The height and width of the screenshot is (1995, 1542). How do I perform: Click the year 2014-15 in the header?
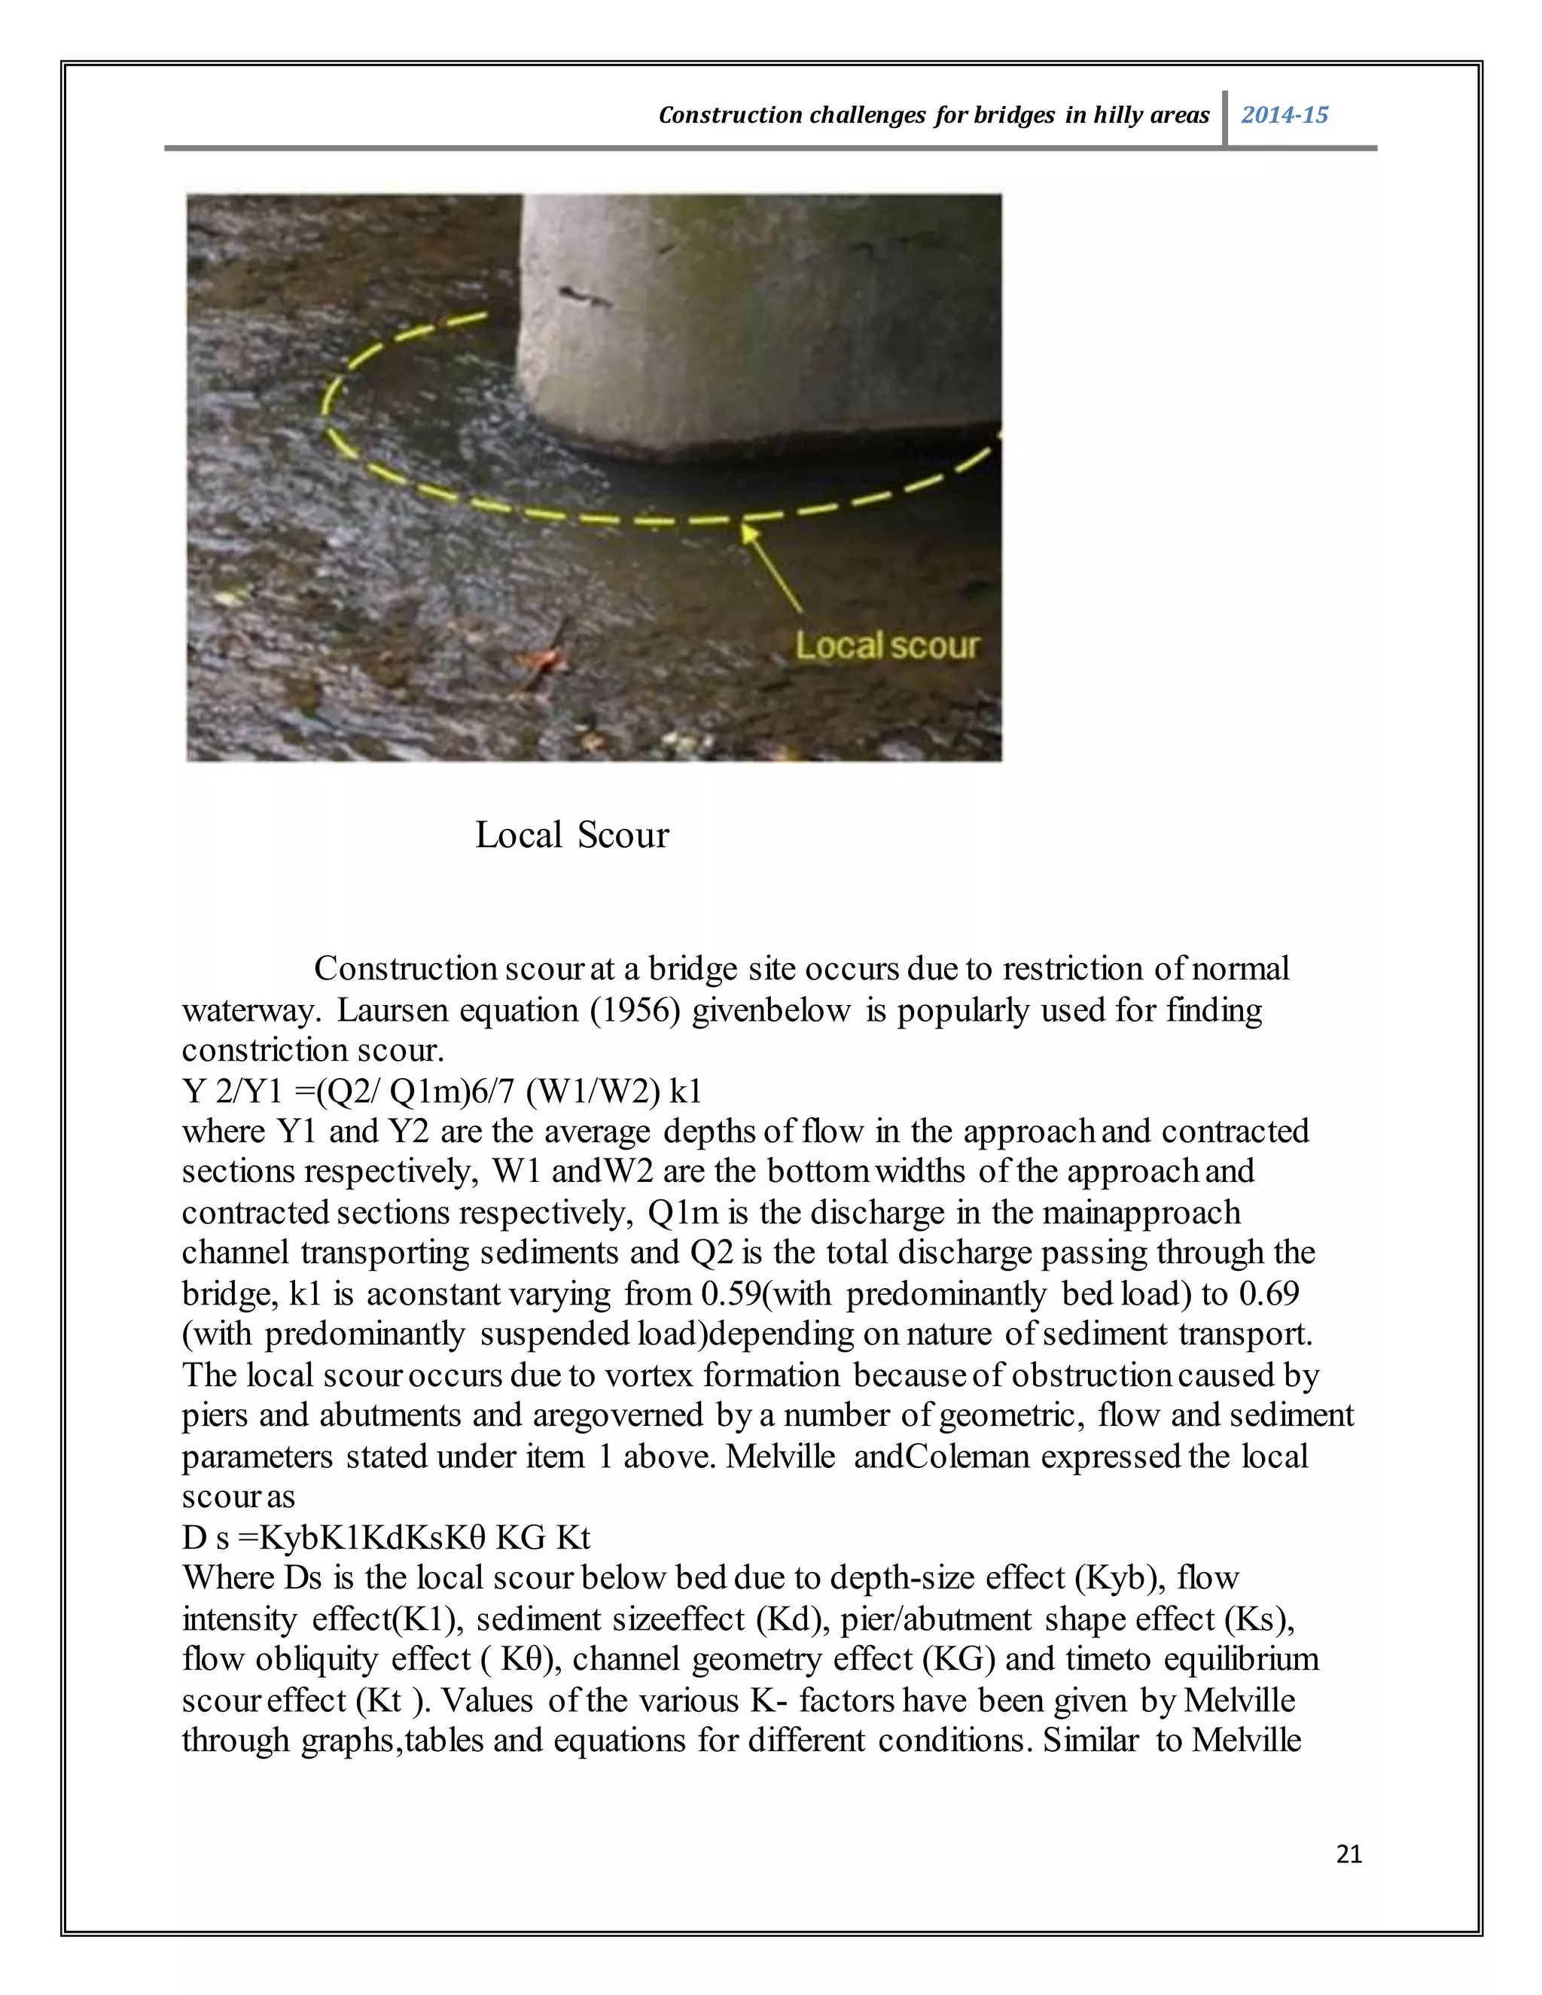1284,115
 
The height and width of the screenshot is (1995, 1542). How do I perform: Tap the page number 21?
1348,1853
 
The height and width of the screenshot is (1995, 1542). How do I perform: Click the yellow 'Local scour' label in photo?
886,646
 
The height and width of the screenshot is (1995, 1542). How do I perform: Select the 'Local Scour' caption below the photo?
572,835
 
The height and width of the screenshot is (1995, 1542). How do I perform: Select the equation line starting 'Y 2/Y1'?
441,1091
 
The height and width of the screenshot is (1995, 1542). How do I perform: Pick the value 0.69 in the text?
1269,1293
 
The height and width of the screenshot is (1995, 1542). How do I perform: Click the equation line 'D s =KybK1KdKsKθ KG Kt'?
385,1537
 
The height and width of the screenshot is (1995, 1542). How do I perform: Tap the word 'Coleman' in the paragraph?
968,1456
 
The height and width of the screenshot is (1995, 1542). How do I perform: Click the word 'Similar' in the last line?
1092,1740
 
